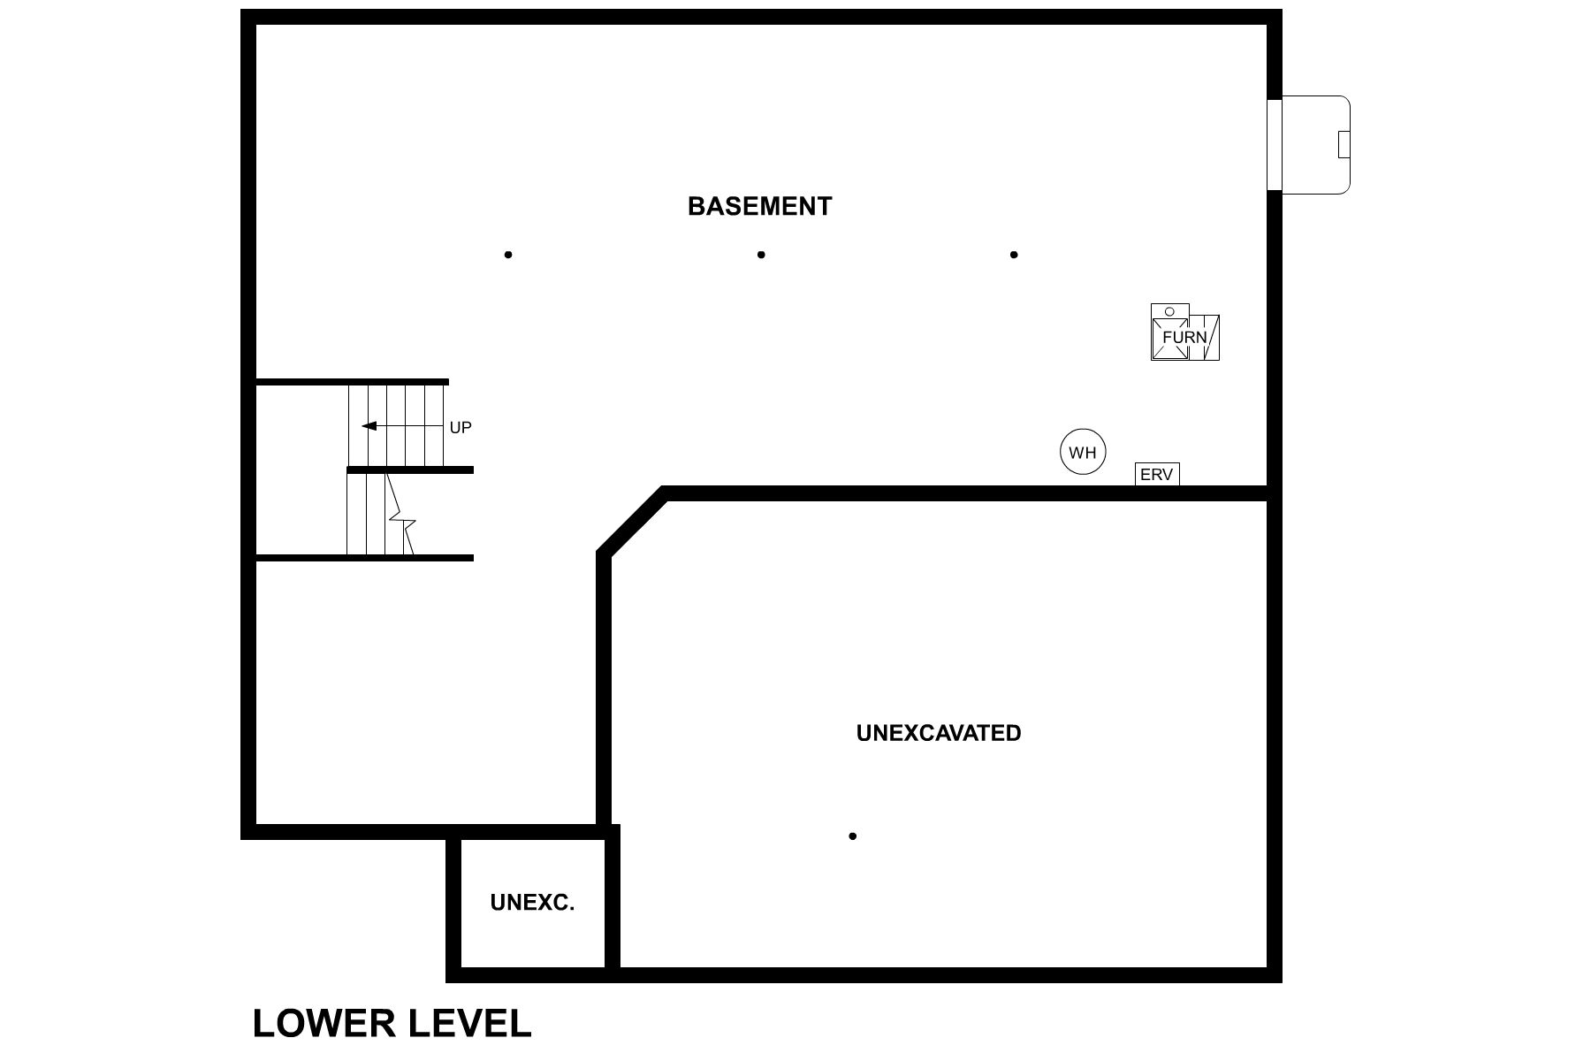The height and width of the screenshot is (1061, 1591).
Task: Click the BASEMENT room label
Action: tap(759, 206)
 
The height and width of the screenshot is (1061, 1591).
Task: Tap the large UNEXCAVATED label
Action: tap(938, 733)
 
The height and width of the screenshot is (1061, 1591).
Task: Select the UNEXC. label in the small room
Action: tap(532, 903)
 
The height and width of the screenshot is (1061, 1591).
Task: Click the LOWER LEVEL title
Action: tap(392, 1023)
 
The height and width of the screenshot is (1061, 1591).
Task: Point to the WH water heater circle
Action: tap(1083, 452)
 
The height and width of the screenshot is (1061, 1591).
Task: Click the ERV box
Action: tap(1156, 475)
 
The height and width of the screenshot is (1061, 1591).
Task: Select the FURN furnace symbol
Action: tap(1184, 336)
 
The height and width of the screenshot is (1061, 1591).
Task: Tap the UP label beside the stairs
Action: tap(461, 428)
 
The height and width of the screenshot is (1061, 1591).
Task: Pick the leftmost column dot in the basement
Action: tap(508, 255)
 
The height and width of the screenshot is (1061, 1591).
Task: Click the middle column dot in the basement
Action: tap(761, 255)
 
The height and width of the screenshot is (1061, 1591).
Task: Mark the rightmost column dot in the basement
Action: tap(1014, 255)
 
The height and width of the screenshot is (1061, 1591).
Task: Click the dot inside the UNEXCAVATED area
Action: tap(853, 836)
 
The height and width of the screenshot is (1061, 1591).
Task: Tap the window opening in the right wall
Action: tap(1274, 145)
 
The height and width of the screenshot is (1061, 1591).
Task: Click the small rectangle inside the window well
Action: tap(1344, 144)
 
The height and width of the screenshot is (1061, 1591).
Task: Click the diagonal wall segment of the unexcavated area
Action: tap(632, 523)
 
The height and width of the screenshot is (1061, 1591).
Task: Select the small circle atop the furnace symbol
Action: tap(1169, 311)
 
